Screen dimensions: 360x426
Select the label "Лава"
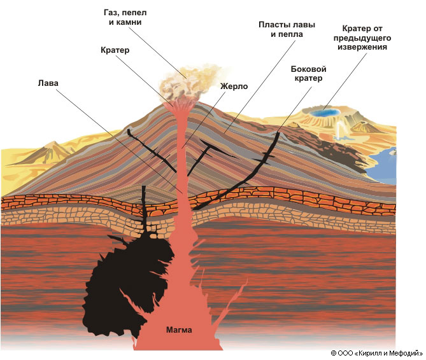coord(48,82)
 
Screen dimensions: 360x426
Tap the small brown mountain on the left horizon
coord(48,152)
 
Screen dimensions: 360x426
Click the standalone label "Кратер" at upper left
coord(115,50)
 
